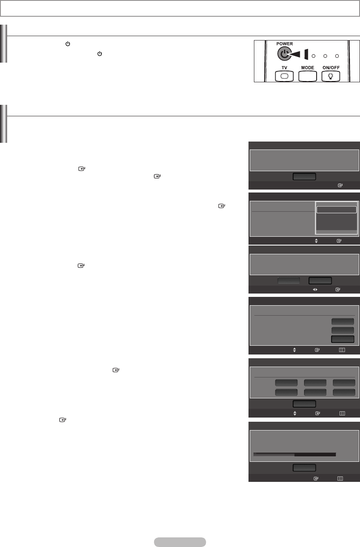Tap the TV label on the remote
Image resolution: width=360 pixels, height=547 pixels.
284,68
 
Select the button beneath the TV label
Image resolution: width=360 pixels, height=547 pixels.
284,76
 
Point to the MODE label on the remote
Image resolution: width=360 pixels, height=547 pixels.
307,68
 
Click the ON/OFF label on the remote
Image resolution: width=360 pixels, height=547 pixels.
330,68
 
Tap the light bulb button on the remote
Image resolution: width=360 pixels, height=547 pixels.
330,76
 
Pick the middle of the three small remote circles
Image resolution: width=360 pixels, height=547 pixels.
325,56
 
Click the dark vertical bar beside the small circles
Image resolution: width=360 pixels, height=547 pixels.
306,55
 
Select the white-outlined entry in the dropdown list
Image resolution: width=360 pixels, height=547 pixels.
336,210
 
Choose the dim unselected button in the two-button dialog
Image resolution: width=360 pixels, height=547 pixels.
289,281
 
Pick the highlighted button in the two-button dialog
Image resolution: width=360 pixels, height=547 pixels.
320,281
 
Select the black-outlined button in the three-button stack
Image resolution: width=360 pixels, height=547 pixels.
342,339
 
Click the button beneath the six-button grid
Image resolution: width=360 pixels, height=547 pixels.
304,403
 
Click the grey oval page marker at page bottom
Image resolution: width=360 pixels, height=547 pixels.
180,542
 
